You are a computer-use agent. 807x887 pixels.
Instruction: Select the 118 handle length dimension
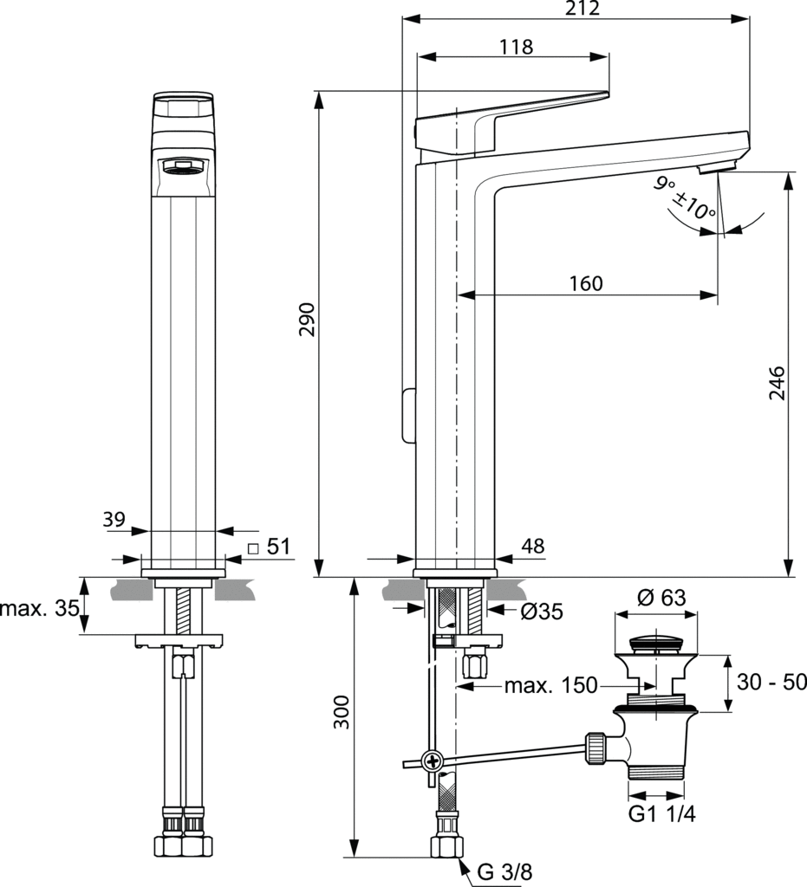(x=516, y=47)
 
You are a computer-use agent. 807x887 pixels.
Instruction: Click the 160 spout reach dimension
(x=586, y=283)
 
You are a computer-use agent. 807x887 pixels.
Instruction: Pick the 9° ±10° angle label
(x=685, y=197)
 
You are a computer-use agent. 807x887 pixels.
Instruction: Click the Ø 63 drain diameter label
(x=661, y=598)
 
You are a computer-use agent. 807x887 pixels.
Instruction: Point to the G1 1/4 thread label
(x=662, y=814)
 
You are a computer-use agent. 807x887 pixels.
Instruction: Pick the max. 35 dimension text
(x=37, y=607)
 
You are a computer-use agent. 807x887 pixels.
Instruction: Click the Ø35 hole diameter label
(x=542, y=612)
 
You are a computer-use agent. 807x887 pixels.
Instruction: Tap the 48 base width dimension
(x=533, y=546)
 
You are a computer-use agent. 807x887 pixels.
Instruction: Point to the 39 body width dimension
(x=114, y=519)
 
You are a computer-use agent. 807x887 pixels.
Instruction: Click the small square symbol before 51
(x=253, y=547)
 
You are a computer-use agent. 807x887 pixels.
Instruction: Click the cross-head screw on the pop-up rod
(x=433, y=762)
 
